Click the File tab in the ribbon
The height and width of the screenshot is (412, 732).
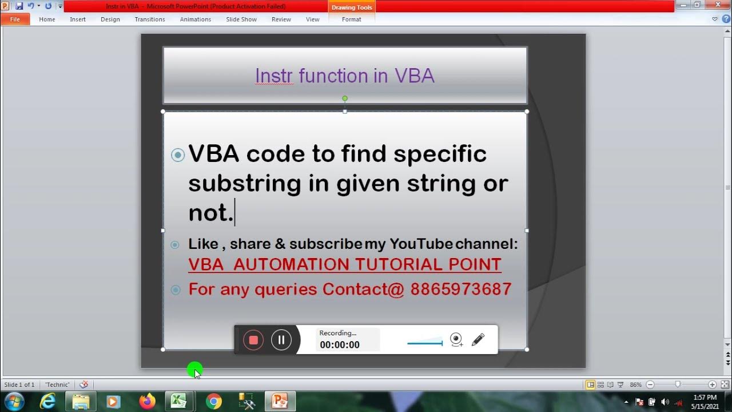point(15,19)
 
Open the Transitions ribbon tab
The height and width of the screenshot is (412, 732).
point(150,19)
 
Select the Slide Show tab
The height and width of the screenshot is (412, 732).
point(241,19)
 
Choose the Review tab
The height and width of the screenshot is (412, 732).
point(281,19)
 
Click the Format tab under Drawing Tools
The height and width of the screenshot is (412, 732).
point(351,19)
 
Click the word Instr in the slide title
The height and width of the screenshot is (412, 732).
point(274,76)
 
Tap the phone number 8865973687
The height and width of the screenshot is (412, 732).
point(461,290)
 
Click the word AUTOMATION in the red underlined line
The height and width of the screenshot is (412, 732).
point(292,264)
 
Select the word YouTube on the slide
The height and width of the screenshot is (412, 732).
point(421,244)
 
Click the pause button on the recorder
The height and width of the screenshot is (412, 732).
point(281,340)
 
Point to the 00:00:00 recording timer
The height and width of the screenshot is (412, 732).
point(340,345)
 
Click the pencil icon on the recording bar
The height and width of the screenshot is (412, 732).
point(478,340)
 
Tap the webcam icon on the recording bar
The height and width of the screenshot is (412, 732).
point(456,340)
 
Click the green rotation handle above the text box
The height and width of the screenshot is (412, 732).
point(345,98)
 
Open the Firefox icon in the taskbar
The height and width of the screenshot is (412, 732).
point(147,402)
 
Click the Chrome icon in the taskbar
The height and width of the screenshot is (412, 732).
point(214,402)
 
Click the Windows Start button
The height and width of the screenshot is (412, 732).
point(14,401)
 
